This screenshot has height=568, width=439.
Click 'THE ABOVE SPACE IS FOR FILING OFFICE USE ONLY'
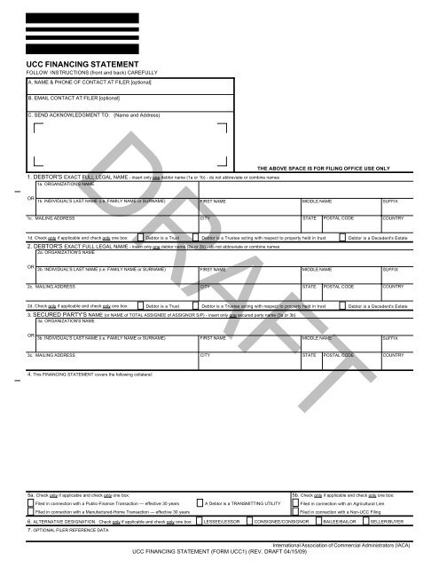pos(324,168)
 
